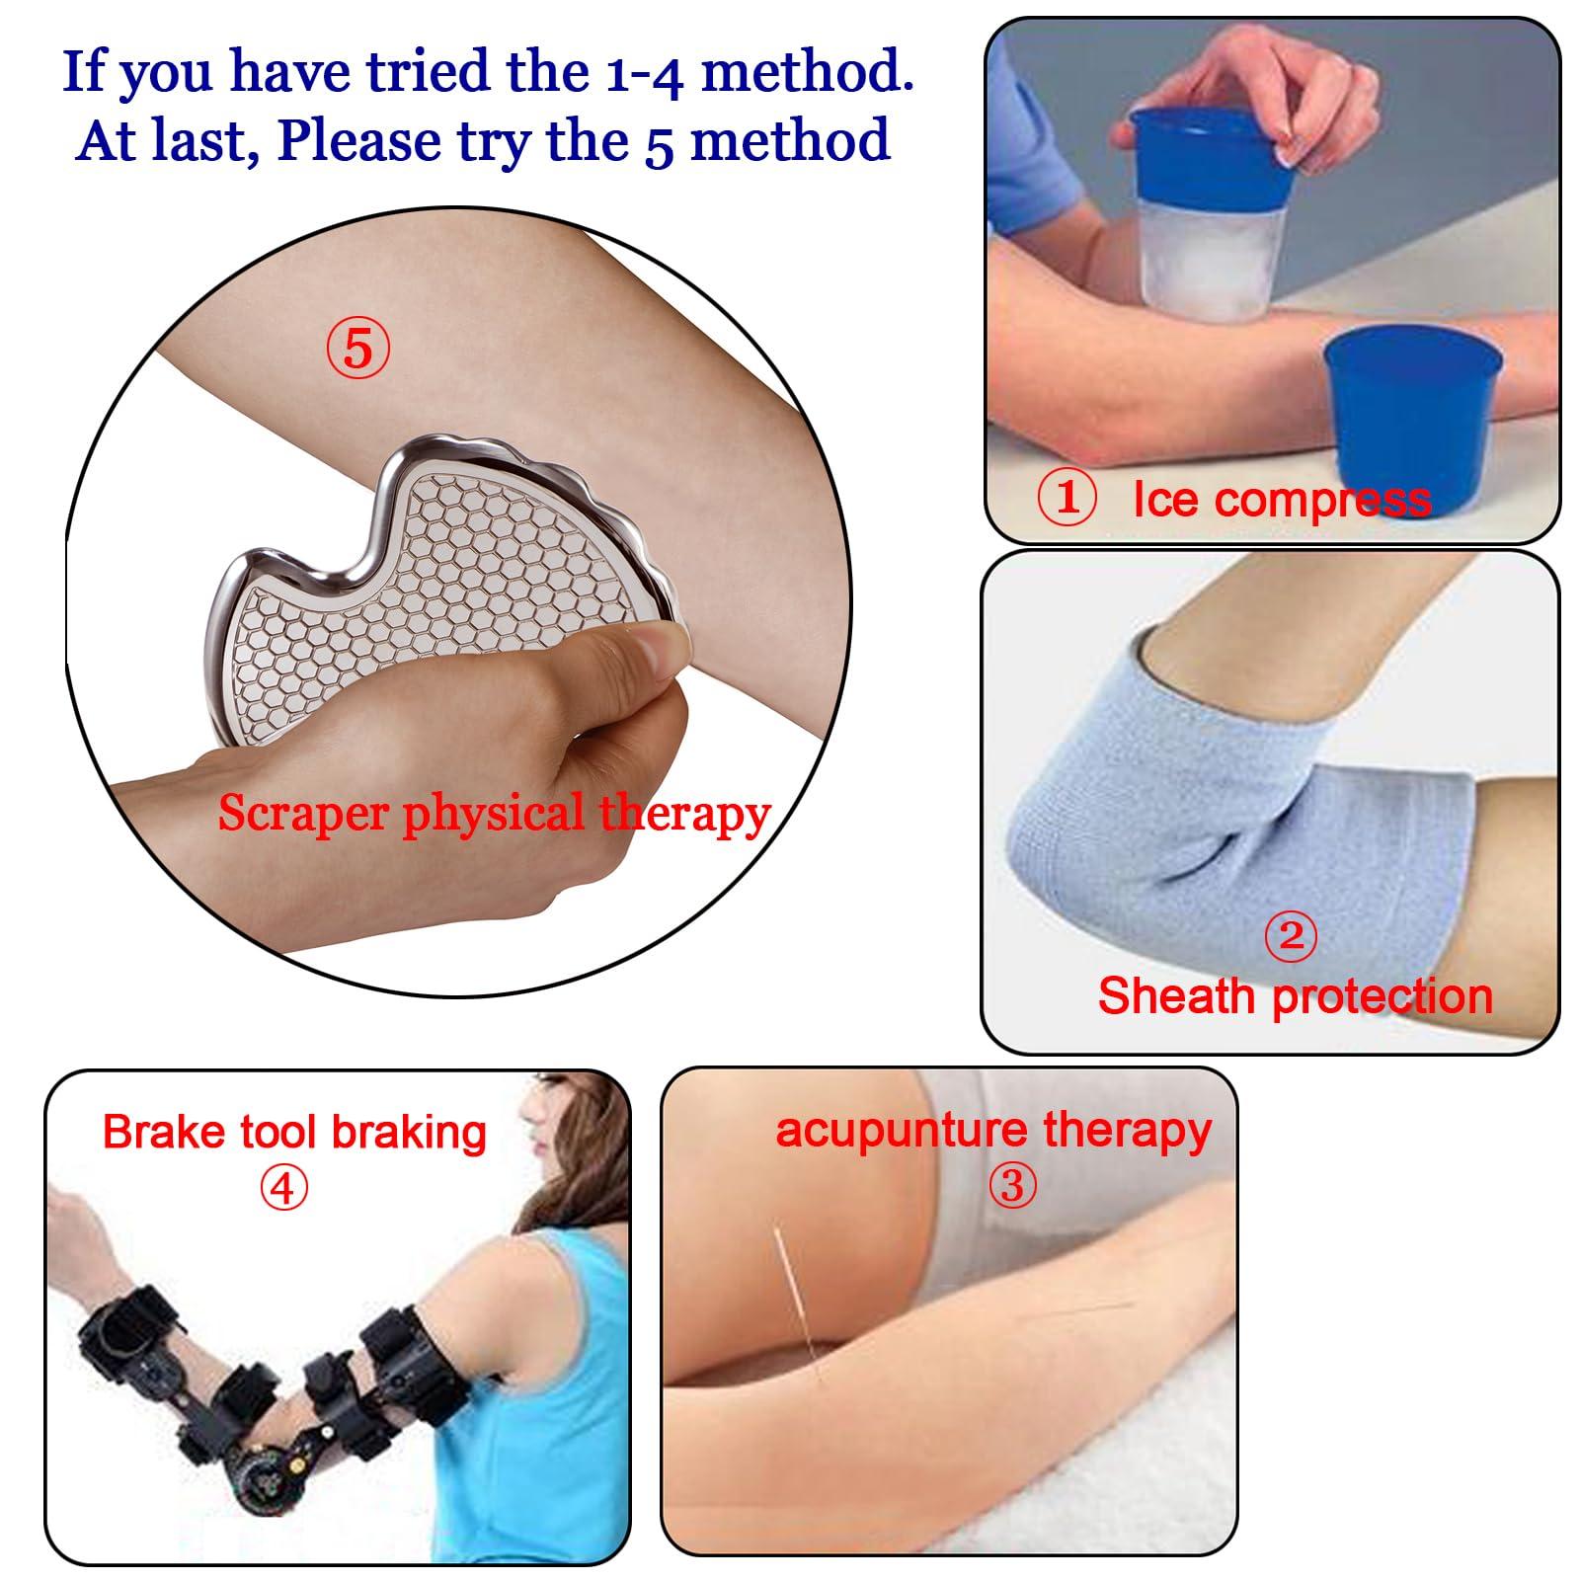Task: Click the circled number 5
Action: coord(358,349)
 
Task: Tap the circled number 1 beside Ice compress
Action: coord(1066,499)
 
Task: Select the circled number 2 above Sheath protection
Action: coord(1291,935)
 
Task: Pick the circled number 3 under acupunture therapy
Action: coord(1012,1184)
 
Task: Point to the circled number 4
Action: coord(283,1188)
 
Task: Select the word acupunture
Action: coord(902,1131)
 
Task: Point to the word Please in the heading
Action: coord(359,140)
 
